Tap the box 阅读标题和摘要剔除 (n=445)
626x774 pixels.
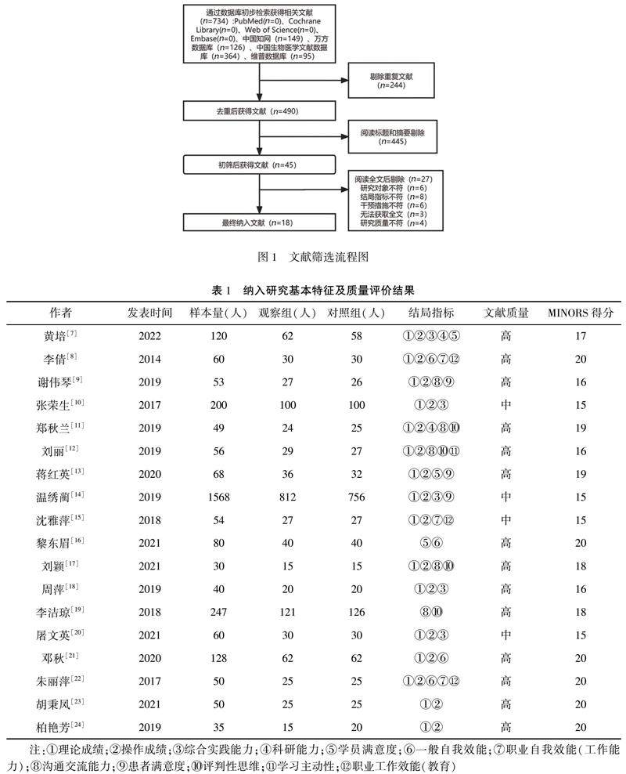392,137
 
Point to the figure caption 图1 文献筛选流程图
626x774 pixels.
313,256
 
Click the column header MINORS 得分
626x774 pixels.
580,313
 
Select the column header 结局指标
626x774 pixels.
431,313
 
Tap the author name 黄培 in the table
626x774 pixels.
63,337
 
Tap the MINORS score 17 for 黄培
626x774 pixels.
580,337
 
